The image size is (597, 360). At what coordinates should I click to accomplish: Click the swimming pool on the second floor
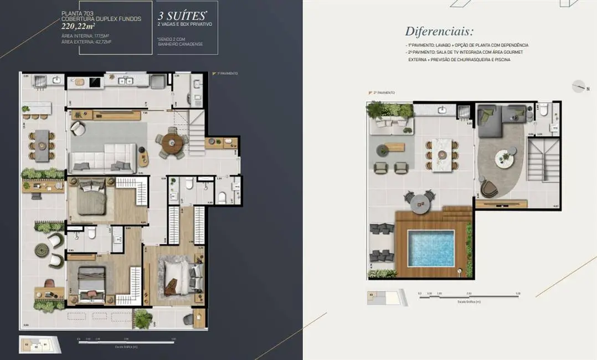(x=430, y=248)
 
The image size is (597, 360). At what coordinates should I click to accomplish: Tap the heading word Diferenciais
(x=439, y=32)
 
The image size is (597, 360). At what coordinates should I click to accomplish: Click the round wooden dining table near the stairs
(x=172, y=143)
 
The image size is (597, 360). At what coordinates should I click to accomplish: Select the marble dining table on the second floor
(x=441, y=155)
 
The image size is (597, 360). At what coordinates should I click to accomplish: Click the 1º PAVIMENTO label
(x=227, y=73)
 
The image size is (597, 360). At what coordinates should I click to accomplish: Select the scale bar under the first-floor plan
(x=126, y=342)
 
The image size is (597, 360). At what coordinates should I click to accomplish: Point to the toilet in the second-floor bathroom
(x=544, y=111)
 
